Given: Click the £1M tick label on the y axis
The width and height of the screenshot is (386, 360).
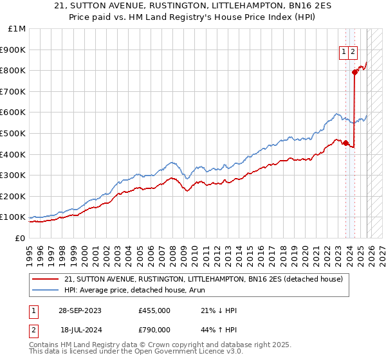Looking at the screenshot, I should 17,29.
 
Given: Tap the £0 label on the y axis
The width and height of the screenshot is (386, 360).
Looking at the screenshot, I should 21,238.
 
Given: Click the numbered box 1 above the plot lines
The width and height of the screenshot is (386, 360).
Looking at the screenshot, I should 344,53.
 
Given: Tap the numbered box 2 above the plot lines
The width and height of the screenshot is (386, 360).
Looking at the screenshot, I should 353,53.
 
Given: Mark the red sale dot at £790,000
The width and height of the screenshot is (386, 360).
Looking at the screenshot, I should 354,72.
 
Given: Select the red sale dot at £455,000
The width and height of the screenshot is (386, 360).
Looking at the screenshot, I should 346,143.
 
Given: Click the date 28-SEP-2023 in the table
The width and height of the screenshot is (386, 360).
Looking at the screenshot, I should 80,310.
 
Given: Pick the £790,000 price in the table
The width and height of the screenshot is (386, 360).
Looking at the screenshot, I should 154,329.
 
